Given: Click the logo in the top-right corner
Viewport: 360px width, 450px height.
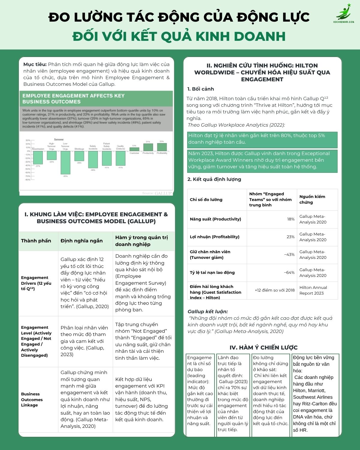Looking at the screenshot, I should tap(344, 14).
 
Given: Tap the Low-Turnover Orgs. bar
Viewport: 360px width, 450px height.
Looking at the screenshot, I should tap(65, 162).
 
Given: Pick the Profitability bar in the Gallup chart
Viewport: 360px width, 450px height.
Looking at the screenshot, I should tap(162, 147).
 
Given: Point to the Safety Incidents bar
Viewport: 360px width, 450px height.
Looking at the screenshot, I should tap(93, 159).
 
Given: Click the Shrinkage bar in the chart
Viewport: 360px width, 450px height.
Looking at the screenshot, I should tap(79, 156).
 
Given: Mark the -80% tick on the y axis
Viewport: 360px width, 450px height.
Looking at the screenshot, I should tap(28, 180).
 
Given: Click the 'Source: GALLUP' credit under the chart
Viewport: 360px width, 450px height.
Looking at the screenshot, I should tap(157, 193).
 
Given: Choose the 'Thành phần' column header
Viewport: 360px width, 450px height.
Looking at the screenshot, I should tap(36, 241).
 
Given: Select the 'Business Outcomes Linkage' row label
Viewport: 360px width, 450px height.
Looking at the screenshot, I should tap(32, 399).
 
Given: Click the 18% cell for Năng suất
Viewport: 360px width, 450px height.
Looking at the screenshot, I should tap(291, 219).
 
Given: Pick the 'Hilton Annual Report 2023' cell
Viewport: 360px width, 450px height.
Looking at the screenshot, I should tap(313, 290).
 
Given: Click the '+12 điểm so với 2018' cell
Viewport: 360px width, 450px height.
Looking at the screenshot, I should tap(274, 290).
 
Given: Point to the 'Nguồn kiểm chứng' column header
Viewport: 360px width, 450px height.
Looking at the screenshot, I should tap(312, 199).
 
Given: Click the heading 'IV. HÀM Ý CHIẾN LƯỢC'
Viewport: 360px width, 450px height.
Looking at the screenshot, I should tap(263, 347).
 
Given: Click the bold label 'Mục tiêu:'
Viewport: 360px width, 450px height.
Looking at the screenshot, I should tap(35, 64).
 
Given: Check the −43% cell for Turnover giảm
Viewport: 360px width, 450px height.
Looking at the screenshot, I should tap(289, 255).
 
